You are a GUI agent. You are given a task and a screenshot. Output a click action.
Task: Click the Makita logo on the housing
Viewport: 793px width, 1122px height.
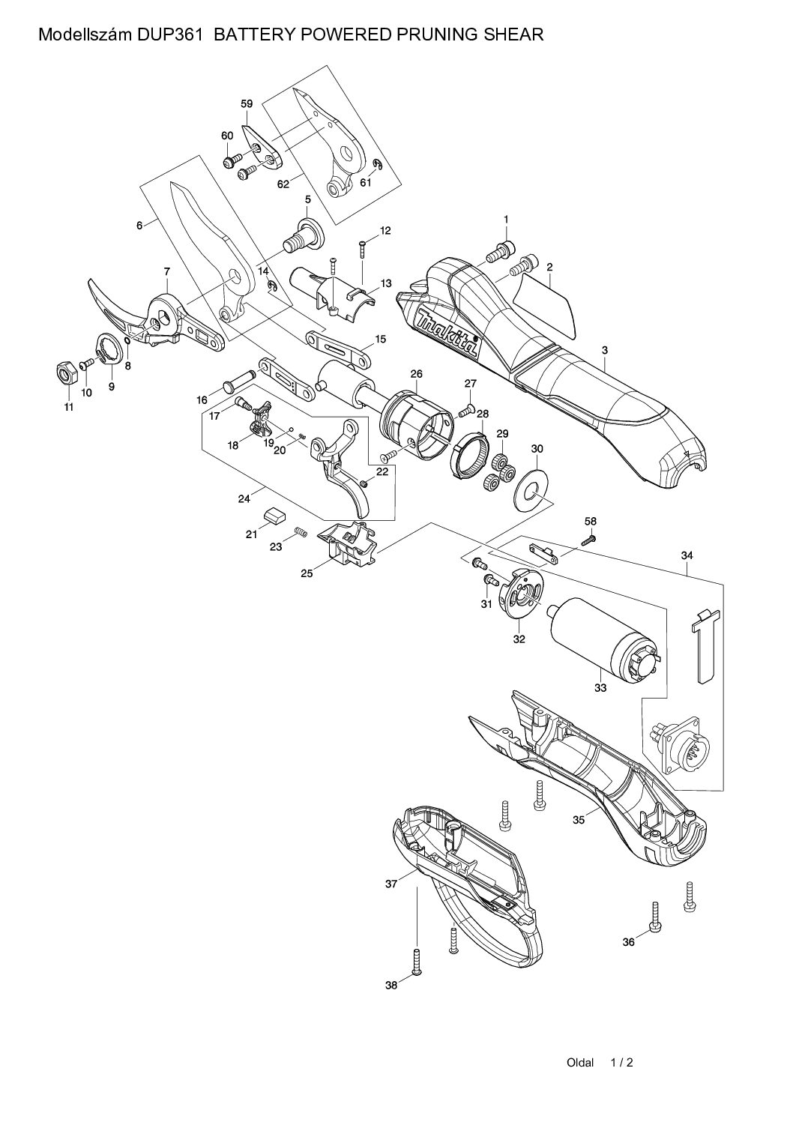tap(447, 331)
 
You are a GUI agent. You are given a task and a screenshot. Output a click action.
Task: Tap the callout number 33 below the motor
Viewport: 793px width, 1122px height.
tap(600, 688)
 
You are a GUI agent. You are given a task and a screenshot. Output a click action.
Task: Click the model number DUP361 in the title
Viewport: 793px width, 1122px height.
tap(171, 34)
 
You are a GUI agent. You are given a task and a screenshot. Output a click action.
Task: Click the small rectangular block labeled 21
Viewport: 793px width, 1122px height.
tap(273, 514)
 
